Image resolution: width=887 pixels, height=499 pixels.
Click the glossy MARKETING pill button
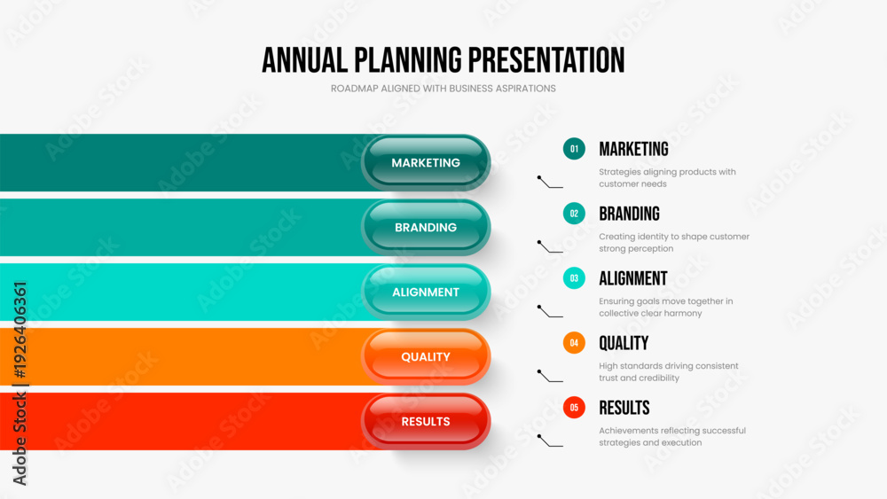pyautogui.click(x=426, y=163)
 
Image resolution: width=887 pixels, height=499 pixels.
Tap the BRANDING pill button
pyautogui.click(x=426, y=227)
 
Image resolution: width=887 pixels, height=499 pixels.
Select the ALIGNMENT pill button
pyautogui.click(x=426, y=292)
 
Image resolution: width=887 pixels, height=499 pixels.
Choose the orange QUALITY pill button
pyautogui.click(x=426, y=356)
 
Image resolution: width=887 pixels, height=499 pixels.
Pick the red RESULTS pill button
pyautogui.click(x=426, y=422)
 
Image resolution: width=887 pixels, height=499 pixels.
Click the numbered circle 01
pyautogui.click(x=574, y=149)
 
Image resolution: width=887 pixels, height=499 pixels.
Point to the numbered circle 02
pyautogui.click(x=574, y=214)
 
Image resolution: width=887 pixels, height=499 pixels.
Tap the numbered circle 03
pyautogui.click(x=574, y=278)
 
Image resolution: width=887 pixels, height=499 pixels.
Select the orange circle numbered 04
pyautogui.click(x=574, y=343)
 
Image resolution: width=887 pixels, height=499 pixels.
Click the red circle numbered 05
pyautogui.click(x=574, y=408)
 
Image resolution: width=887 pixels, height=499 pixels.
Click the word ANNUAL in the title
pyautogui.click(x=305, y=60)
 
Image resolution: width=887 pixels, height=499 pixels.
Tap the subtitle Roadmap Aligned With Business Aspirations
pyautogui.click(x=443, y=89)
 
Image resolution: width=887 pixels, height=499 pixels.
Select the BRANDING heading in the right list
pyautogui.click(x=629, y=214)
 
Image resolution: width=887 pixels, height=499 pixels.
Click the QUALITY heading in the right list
pyautogui.click(x=624, y=343)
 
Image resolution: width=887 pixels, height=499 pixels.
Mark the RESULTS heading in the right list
pyautogui.click(x=624, y=408)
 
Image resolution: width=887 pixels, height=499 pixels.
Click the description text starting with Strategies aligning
pyautogui.click(x=668, y=177)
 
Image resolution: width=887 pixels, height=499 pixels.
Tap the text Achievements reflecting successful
pyautogui.click(x=672, y=431)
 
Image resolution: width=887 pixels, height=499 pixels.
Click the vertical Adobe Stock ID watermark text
pyautogui.click(x=20, y=384)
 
